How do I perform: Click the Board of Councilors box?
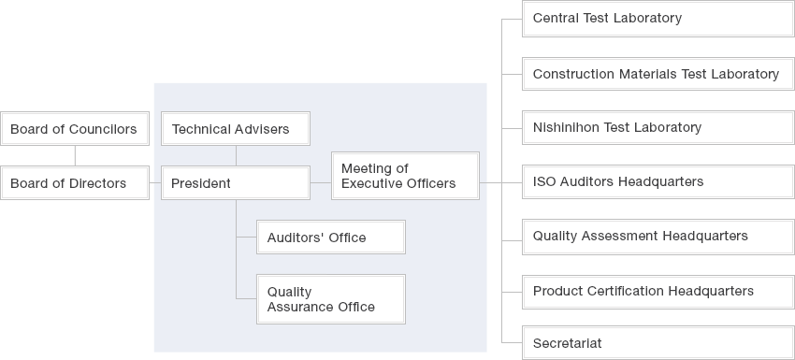74,129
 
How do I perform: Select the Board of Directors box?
74,183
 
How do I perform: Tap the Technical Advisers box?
235,129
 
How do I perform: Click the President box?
235,183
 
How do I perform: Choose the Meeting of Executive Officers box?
405,176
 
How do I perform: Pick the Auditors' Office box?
331,238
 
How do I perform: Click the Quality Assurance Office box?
331,299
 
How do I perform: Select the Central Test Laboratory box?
658,19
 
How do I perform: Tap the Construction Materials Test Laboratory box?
658,74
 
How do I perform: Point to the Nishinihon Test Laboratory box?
658,127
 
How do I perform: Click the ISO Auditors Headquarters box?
658,181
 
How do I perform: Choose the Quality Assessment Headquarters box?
658,236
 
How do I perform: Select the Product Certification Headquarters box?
658,291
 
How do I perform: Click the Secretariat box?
658,343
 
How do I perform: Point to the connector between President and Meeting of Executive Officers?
321,183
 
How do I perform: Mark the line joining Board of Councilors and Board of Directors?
74,156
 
